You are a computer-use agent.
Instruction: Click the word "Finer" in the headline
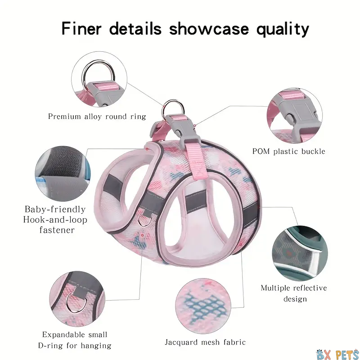[81, 29]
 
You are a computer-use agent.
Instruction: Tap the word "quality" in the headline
[283, 30]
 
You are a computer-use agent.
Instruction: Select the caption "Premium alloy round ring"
[97, 117]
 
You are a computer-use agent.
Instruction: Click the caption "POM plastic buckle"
[288, 151]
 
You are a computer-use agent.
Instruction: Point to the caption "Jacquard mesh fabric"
[205, 342]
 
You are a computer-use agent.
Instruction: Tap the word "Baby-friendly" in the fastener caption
[55, 209]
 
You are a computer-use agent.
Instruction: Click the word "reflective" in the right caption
[309, 288]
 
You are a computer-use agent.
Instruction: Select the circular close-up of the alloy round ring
[99, 79]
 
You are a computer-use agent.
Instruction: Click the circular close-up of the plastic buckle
[295, 116]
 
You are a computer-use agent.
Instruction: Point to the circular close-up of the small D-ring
[77, 299]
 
